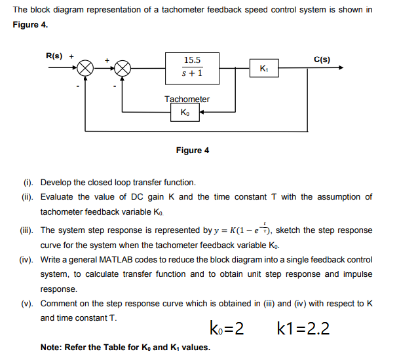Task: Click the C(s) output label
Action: tap(322, 60)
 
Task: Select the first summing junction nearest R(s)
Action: tap(86, 68)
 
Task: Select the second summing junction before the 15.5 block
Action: tap(123, 68)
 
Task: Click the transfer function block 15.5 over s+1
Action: tap(191, 67)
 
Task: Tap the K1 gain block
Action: tap(263, 68)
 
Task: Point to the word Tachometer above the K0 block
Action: tap(187, 99)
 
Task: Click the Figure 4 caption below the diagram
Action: tap(193, 151)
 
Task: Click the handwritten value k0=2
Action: tap(227, 329)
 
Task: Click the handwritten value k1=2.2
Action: tap(303, 329)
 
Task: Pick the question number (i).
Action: tap(27, 183)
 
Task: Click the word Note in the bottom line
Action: tap(51, 347)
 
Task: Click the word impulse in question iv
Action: tap(356, 274)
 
